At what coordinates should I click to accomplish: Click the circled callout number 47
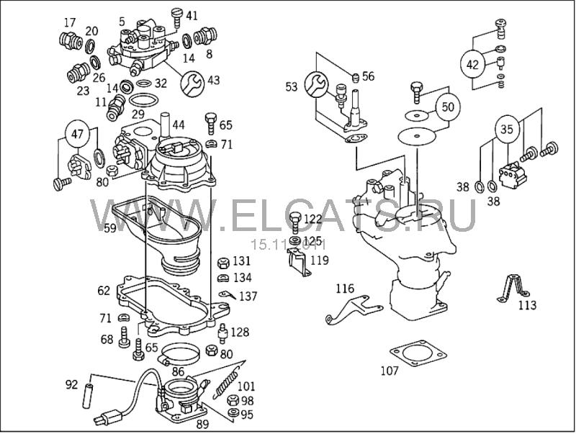click(x=76, y=133)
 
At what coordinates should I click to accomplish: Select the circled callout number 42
click(x=473, y=64)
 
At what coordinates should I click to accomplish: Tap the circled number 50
click(x=448, y=107)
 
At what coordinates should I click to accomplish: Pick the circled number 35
click(x=507, y=131)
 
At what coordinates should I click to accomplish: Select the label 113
click(x=527, y=305)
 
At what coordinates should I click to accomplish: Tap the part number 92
click(x=71, y=384)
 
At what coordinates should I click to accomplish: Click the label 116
click(x=345, y=289)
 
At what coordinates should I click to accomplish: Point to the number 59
click(x=109, y=229)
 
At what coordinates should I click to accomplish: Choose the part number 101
click(x=246, y=386)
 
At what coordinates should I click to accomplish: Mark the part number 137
click(x=248, y=296)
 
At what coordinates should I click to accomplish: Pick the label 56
click(x=368, y=76)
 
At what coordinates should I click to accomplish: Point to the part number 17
click(x=69, y=23)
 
